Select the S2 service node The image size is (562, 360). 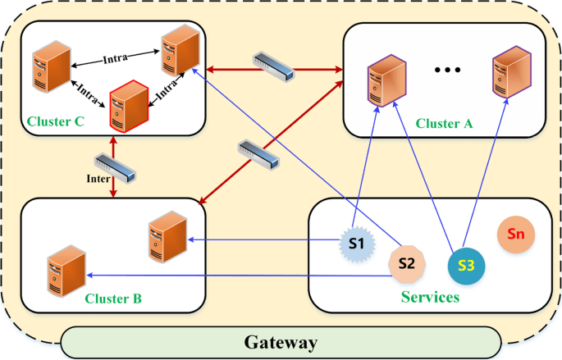tap(406, 264)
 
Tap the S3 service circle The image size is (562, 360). tap(466, 264)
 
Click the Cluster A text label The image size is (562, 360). tap(444, 123)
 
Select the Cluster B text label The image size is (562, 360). tap(113, 298)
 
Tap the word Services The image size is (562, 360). tap(430, 296)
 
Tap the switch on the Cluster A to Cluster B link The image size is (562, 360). tap(254, 155)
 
